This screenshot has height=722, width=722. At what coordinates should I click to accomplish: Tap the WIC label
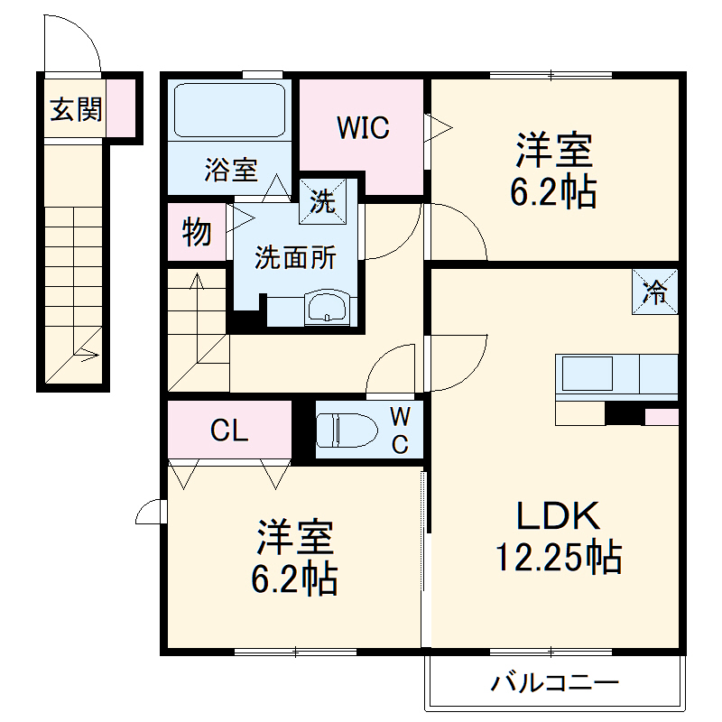tap(363, 128)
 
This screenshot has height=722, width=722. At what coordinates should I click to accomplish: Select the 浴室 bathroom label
tap(231, 169)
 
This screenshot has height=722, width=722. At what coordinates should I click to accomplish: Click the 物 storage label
tap(197, 232)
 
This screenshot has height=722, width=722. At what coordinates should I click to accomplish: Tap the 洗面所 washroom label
tap(295, 258)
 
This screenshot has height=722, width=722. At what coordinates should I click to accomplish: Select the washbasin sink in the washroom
tap(327, 308)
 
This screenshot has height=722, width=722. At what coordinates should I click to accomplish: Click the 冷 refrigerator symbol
tap(655, 291)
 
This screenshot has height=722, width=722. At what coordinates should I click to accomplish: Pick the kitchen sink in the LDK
tap(588, 373)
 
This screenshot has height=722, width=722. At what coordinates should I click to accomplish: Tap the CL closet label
tap(229, 431)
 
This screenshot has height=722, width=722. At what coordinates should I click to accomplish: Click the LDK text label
tap(557, 517)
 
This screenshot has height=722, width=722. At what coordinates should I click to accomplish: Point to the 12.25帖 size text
tap(557, 557)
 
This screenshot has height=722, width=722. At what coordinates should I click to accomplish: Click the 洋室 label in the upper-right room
tap(554, 151)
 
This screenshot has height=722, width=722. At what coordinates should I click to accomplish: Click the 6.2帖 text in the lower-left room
tap(294, 578)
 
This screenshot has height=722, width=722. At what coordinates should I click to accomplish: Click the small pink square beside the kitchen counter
tap(662, 417)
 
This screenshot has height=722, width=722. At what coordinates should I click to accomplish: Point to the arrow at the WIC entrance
tap(439, 126)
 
